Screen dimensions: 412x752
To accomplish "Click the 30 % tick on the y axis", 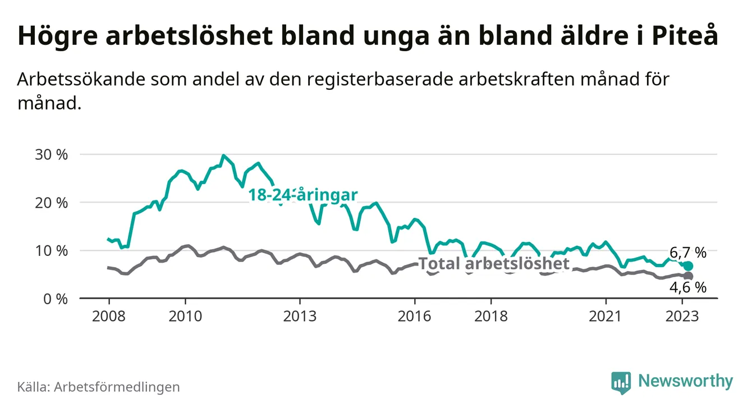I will point(50,154).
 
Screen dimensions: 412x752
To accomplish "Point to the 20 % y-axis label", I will point(50,203).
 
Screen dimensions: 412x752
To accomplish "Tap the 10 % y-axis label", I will point(50,250).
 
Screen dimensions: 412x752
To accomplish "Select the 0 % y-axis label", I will point(54,299).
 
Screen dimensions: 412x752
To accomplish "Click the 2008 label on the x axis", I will point(108,316).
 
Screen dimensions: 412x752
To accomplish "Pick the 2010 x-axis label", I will point(185,316).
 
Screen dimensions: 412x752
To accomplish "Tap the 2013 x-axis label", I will point(300,316).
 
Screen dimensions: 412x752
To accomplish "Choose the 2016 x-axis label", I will point(415,316).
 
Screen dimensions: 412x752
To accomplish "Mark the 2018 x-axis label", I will point(491,316).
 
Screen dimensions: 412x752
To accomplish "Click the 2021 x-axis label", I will point(606,316).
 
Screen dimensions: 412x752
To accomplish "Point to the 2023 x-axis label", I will point(682,316).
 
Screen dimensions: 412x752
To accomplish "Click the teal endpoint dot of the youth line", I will point(689,266).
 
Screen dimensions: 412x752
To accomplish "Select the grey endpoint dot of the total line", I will point(689,276).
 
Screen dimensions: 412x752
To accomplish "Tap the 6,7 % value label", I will point(688,252).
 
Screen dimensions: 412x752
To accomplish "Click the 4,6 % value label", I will point(688,288).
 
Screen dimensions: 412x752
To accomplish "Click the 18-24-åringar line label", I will point(303,195).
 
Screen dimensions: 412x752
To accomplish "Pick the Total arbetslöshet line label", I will point(494,264).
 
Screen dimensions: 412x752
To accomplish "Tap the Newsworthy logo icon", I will point(621,382).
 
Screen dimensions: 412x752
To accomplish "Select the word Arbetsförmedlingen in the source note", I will point(117,387).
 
